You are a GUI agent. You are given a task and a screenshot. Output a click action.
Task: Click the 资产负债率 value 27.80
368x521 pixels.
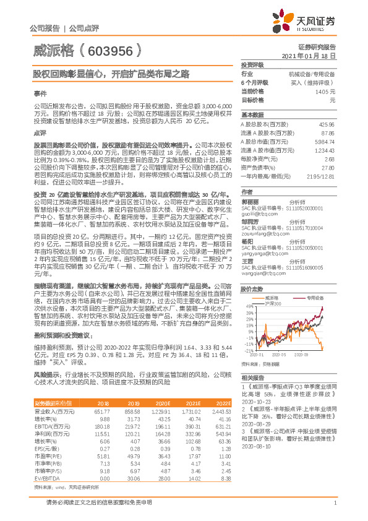tap(328, 168)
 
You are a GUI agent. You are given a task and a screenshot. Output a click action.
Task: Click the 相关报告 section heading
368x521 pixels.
tap(252, 376)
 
